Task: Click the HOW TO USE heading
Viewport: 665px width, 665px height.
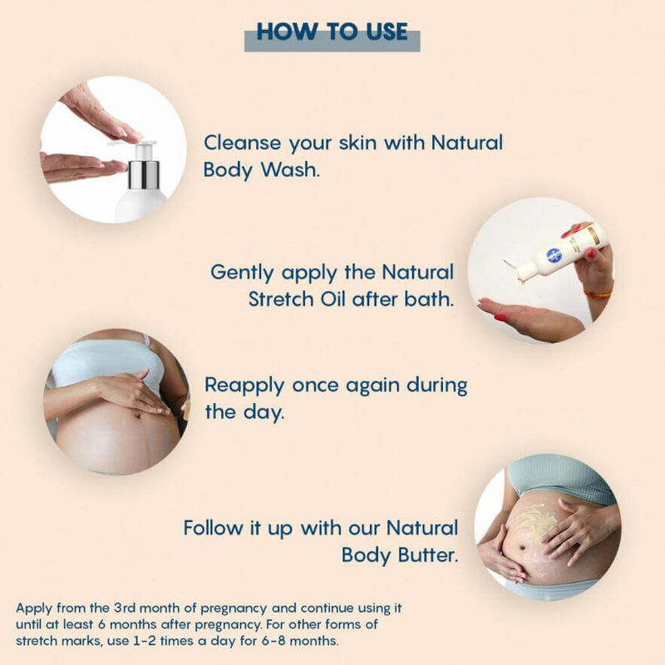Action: click(x=332, y=32)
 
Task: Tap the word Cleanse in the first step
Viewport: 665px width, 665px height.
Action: click(x=242, y=142)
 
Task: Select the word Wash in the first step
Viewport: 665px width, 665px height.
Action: click(x=289, y=170)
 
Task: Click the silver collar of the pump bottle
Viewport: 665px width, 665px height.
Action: click(x=143, y=175)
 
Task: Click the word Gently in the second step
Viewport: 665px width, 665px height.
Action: click(x=242, y=273)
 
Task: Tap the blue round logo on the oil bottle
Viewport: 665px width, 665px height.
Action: click(x=553, y=255)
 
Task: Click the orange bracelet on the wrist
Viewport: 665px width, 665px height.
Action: click(x=598, y=293)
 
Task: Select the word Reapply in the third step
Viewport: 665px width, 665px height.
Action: click(x=244, y=387)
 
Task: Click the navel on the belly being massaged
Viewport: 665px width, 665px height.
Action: click(x=138, y=416)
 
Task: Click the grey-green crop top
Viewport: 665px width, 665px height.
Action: click(x=559, y=480)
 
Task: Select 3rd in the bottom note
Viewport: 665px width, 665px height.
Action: click(x=124, y=608)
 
